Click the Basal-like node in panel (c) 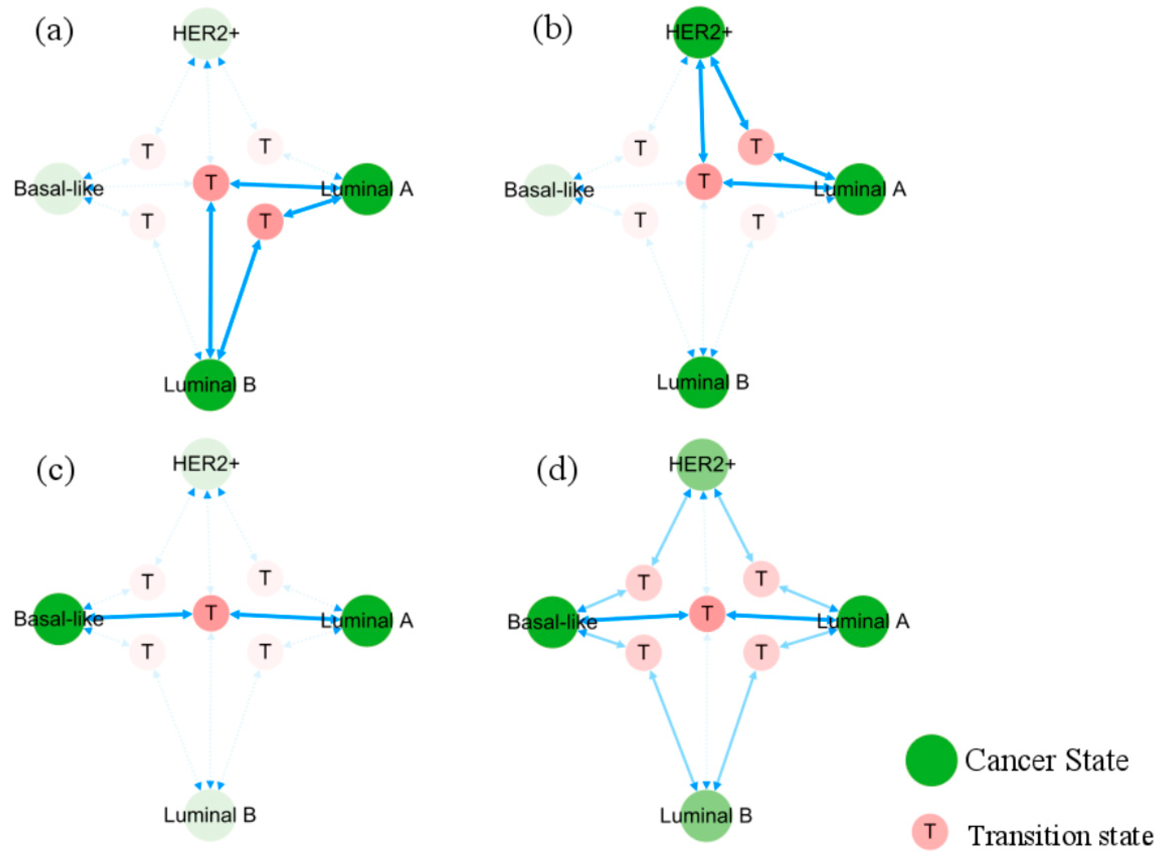tap(59, 619)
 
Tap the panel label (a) tap(54, 31)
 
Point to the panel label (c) tap(55, 470)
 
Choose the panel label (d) tap(557, 470)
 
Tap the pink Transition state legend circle tap(930, 831)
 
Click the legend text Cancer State tap(1047, 761)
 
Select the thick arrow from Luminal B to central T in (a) tap(211, 281)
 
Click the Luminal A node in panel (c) tap(367, 620)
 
